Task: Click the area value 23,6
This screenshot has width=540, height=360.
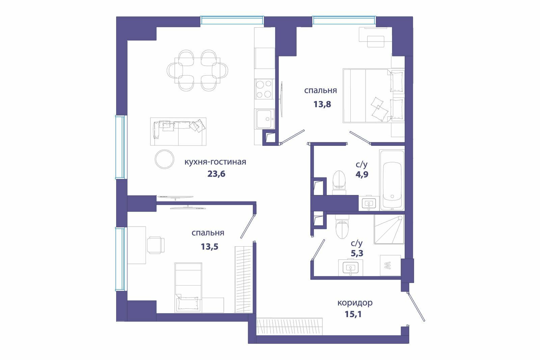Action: pyautogui.click(x=216, y=174)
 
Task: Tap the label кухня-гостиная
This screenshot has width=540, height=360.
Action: pyautogui.click(x=215, y=162)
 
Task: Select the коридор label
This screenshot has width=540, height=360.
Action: pyautogui.click(x=355, y=303)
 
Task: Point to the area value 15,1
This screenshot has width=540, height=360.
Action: pyautogui.click(x=353, y=314)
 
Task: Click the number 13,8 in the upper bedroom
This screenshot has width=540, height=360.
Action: pyautogui.click(x=322, y=104)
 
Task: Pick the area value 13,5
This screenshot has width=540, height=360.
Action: pyautogui.click(x=210, y=247)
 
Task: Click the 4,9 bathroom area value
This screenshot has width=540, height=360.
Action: pyautogui.click(x=362, y=174)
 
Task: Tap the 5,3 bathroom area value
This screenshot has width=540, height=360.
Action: pyautogui.click(x=357, y=253)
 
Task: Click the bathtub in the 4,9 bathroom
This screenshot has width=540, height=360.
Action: pyautogui.click(x=392, y=180)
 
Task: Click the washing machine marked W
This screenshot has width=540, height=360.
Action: pyautogui.click(x=390, y=266)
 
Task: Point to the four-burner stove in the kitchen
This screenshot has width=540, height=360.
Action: pyautogui.click(x=264, y=89)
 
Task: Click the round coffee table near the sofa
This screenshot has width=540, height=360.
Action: pyautogui.click(x=164, y=159)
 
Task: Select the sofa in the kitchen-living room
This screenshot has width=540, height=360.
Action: pyautogui.click(x=178, y=132)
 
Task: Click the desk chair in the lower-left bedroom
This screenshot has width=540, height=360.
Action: pyautogui.click(x=156, y=245)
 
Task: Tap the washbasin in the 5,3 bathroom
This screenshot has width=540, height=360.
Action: pyautogui.click(x=351, y=268)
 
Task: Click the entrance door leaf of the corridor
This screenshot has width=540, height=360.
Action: pyautogui.click(x=416, y=306)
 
